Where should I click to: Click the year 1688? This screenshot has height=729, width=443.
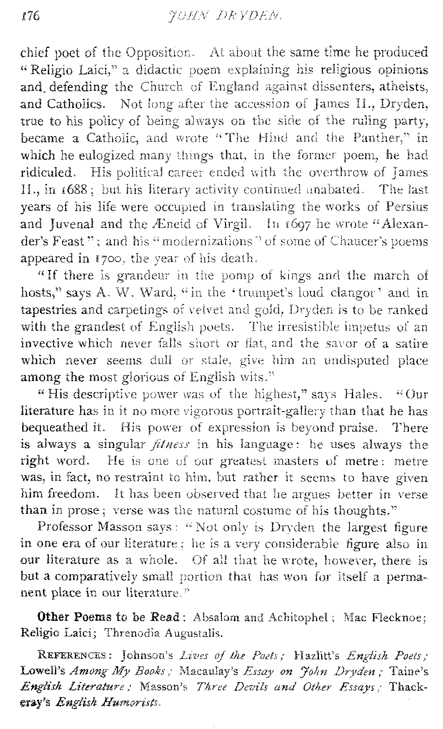pos(68,190)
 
